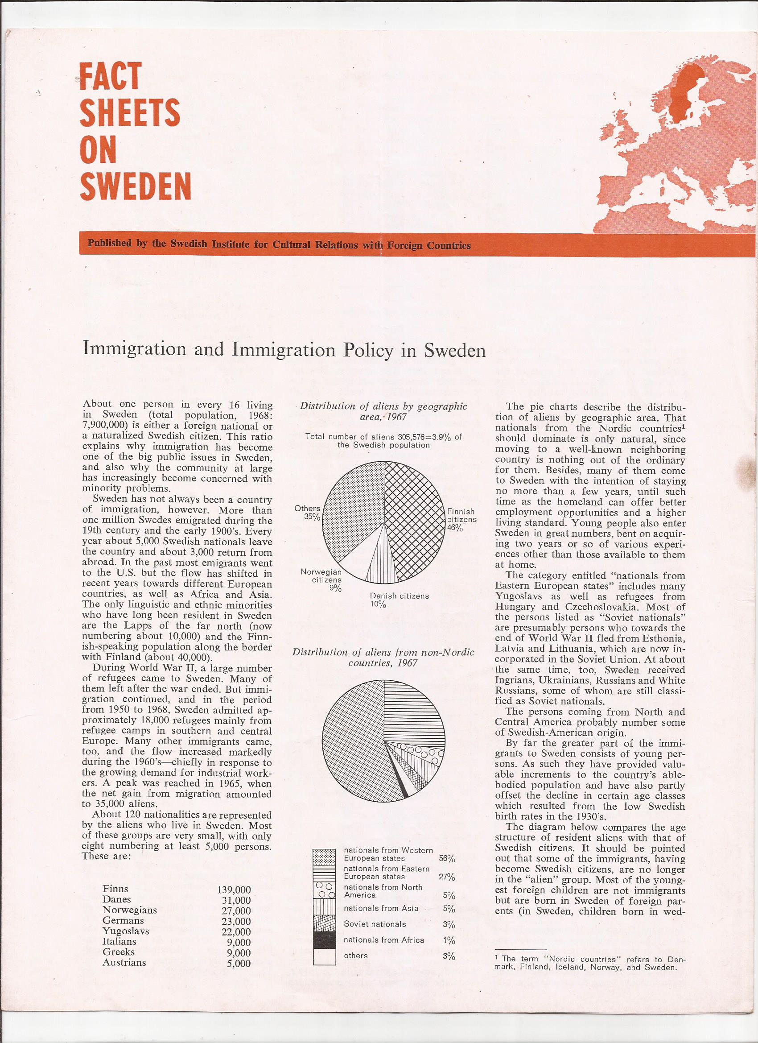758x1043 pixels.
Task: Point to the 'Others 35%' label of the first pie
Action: coord(308,512)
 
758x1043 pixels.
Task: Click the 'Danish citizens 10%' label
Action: coord(399,600)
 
